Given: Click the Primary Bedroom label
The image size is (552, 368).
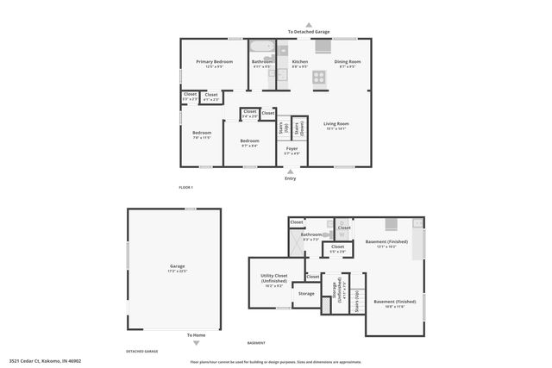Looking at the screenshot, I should [215, 63].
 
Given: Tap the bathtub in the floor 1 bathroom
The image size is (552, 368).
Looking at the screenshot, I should [262, 48].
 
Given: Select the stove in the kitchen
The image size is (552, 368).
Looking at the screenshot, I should [320, 76].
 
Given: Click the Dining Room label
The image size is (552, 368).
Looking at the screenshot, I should [347, 63].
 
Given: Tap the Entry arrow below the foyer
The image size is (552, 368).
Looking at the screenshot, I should [290, 171].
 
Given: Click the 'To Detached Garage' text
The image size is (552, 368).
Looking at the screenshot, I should [309, 31].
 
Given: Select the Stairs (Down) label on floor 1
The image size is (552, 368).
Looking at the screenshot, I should [299, 129].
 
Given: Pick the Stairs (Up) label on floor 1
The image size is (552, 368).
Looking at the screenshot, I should [282, 129].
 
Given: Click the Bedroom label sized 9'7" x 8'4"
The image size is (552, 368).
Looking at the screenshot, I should [249, 142].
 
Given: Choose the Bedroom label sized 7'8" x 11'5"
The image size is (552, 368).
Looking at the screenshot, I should [201, 134].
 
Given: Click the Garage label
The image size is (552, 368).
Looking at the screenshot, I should [176, 268].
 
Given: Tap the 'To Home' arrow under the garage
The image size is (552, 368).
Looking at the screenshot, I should [196, 341].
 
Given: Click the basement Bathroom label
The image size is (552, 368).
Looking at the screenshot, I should [310, 235].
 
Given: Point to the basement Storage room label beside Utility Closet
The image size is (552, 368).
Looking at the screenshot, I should [306, 294].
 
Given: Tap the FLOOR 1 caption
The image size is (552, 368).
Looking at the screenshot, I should [185, 187].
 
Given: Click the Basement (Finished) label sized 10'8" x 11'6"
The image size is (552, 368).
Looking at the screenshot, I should [394, 303].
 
